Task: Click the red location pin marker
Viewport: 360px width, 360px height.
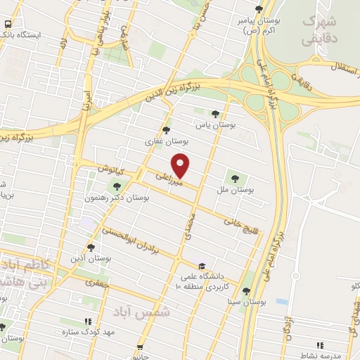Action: [181, 165]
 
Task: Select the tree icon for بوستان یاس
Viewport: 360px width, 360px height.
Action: [215, 113]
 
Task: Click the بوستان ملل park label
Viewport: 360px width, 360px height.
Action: [235, 190]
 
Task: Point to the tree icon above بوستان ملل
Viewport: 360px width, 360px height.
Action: [235, 177]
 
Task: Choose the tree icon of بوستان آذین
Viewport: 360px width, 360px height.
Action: [91, 247]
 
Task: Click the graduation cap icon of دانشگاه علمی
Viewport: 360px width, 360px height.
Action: [202, 266]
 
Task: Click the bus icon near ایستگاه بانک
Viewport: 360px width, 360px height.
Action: [7, 24]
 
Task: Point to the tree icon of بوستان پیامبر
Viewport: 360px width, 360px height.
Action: [259, 9]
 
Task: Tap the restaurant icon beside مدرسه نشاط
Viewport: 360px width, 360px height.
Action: [321, 345]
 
